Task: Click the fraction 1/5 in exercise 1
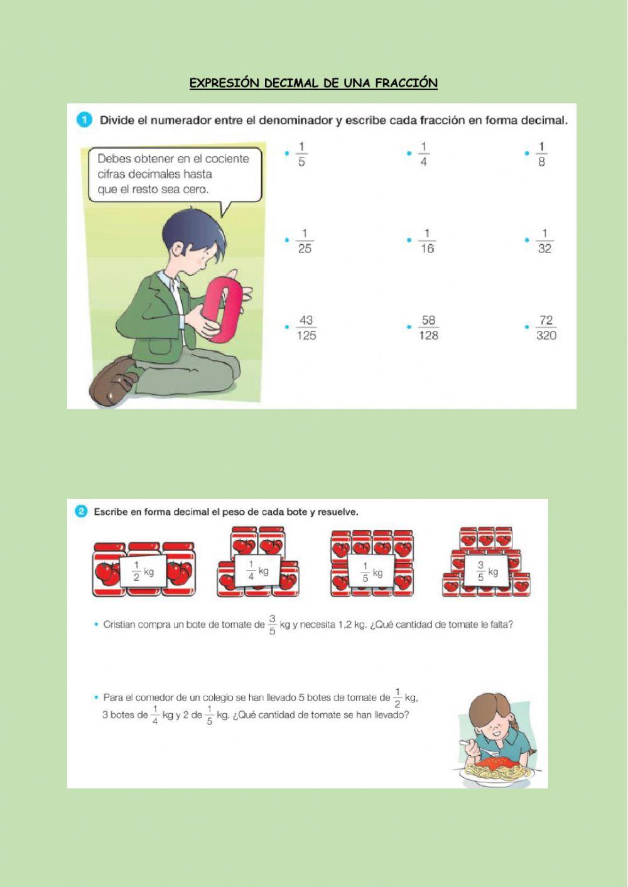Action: tap(301, 154)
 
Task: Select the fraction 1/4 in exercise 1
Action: tap(423, 154)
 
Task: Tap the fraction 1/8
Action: tap(541, 154)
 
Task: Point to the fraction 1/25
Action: tap(305, 241)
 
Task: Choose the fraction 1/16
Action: tap(426, 241)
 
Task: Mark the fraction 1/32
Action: tap(545, 241)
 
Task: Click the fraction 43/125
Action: tap(306, 328)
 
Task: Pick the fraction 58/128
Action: tap(428, 328)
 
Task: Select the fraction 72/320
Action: tap(546, 328)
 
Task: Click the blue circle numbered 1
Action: tap(84, 121)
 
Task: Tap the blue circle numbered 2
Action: tap(81, 512)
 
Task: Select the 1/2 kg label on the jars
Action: tap(143, 571)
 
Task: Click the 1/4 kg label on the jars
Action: tap(258, 571)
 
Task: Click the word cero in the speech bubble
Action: tap(195, 190)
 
